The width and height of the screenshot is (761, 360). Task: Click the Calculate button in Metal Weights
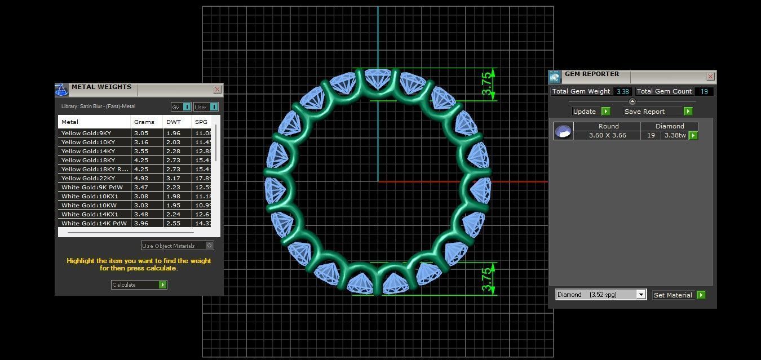[x=139, y=285]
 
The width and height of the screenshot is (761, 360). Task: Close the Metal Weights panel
[x=217, y=89]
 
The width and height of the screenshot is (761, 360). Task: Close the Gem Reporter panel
[x=710, y=76]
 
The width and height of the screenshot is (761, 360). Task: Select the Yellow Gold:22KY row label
[x=88, y=178]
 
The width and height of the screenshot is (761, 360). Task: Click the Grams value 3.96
[x=140, y=223]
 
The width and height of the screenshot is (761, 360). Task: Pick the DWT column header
[x=171, y=122]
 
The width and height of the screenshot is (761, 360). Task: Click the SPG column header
[x=201, y=122]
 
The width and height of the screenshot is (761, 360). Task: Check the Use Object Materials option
[x=210, y=246]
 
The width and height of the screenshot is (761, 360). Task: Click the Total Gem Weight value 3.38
[x=622, y=91]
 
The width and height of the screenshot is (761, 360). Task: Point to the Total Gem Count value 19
[x=704, y=91]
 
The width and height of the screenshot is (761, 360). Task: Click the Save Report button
[x=657, y=112]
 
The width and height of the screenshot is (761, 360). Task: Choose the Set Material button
[x=679, y=295]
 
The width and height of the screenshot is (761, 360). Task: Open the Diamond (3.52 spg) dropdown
[x=640, y=295]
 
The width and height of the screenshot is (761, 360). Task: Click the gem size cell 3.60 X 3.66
[x=607, y=136]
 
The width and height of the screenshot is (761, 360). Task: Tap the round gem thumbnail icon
[x=563, y=131]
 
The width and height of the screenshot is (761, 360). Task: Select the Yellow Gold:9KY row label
[x=86, y=133]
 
